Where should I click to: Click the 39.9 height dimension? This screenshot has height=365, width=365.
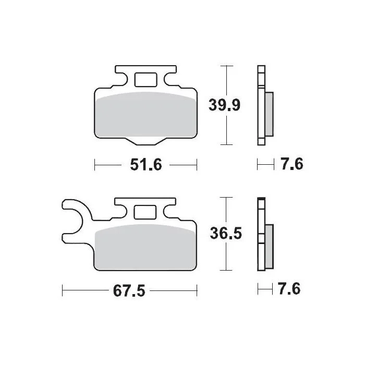(224, 105)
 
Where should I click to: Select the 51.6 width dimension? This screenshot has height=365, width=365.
(146, 165)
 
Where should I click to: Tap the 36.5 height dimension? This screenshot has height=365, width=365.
(226, 233)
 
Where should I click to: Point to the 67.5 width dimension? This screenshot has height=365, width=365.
(129, 291)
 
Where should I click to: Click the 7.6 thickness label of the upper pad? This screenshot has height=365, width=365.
(292, 164)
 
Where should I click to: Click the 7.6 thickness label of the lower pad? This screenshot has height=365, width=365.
(289, 289)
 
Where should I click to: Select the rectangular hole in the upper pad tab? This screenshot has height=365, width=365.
(146, 80)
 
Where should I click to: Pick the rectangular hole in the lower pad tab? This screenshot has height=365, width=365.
(145, 212)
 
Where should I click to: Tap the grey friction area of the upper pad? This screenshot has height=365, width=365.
(146, 115)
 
